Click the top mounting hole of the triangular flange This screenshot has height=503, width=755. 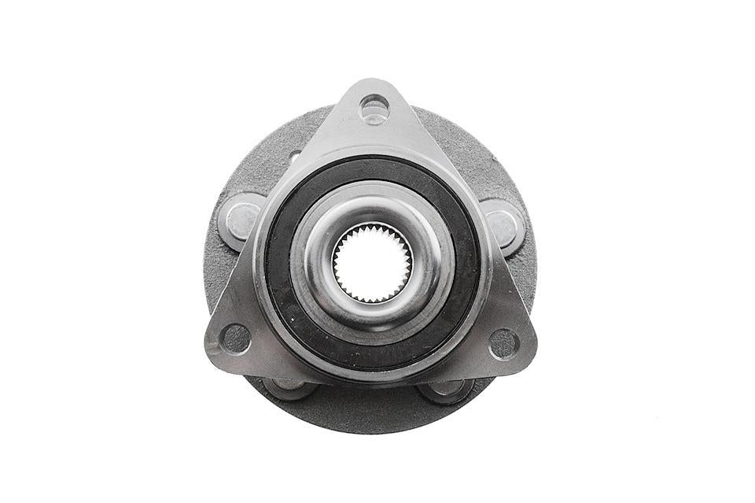click(x=374, y=108)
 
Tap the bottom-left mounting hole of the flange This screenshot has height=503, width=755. click(x=236, y=338)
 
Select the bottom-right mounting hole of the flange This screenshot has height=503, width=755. click(x=504, y=343)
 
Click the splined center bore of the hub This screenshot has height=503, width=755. click(x=371, y=262)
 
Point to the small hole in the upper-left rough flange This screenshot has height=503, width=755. click(x=295, y=157)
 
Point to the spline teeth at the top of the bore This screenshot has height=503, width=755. click(x=371, y=228)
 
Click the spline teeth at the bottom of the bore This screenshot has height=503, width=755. click(x=371, y=298)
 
